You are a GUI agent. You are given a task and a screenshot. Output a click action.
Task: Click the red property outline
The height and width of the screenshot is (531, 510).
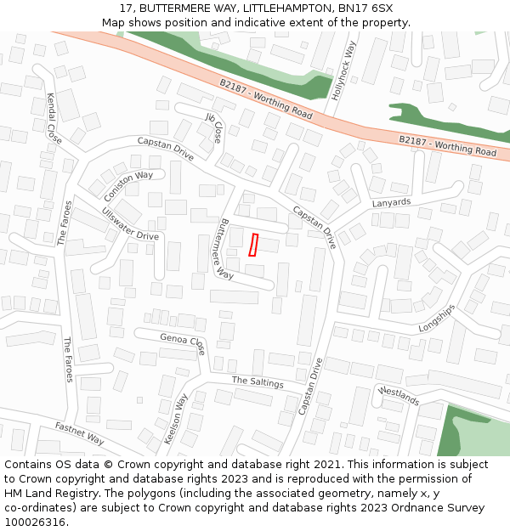(253, 245)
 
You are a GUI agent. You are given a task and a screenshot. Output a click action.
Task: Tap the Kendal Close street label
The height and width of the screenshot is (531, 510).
(54, 118)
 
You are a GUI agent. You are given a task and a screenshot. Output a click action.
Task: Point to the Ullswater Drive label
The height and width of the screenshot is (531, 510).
(130, 223)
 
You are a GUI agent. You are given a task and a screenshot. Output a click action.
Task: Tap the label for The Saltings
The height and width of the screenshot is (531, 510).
(258, 382)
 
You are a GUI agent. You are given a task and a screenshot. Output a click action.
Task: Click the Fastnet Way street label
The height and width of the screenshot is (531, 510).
(79, 433)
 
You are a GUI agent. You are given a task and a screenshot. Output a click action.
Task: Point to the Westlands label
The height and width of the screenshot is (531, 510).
(399, 396)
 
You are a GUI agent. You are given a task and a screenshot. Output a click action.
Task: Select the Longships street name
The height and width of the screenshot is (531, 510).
(437, 319)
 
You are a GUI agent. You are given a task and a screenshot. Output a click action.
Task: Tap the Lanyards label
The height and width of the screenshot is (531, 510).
(391, 203)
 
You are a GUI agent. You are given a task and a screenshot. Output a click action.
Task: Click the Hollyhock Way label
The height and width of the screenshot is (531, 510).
(344, 71)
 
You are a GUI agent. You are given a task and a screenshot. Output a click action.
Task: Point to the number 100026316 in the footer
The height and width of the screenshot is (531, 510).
(34, 522)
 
